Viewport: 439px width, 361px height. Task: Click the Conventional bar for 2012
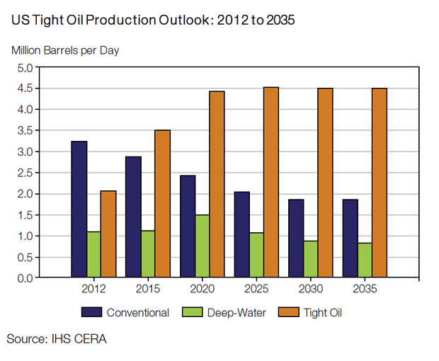pos(79,210)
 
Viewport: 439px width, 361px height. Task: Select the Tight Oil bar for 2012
pos(108,234)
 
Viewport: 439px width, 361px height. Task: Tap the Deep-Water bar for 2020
pos(203,246)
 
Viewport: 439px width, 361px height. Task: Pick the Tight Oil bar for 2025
pos(271,183)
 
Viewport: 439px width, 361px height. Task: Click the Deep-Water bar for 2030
pos(311,259)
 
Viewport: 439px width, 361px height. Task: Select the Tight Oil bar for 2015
pos(162,204)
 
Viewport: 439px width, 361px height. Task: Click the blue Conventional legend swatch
pos(93,312)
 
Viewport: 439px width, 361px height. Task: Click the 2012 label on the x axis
pos(94,290)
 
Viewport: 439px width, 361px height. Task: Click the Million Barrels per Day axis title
pos(64,51)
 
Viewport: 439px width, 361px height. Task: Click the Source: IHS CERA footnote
pos(57,339)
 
